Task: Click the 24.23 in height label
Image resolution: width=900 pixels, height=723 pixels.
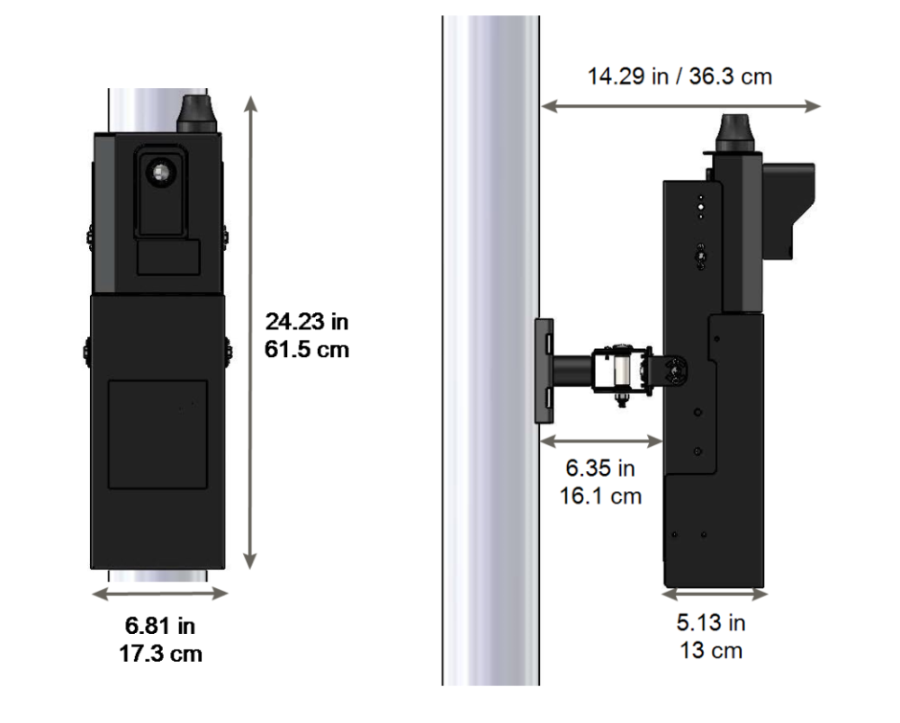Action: [307, 321]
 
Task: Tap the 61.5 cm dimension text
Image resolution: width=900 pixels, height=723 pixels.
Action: [307, 349]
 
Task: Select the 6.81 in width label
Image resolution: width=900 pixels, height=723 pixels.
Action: [161, 626]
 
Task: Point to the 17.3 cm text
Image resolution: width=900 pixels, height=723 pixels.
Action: [161, 654]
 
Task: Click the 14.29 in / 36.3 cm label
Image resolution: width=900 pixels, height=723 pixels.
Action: [679, 76]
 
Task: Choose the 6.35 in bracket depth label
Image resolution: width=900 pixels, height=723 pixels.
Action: [600, 468]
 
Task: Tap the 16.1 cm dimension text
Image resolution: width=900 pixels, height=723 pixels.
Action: [600, 495]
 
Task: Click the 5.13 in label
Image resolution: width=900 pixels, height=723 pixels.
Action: [711, 622]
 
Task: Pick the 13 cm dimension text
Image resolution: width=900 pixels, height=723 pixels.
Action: [711, 650]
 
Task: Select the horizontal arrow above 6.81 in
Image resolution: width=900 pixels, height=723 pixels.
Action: [160, 594]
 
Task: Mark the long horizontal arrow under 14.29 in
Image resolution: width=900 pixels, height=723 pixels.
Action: [680, 106]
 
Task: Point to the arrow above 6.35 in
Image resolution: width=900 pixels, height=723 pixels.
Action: [600, 440]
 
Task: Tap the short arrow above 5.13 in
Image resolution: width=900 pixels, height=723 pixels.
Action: [715, 594]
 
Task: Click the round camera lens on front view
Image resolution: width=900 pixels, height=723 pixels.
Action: [161, 171]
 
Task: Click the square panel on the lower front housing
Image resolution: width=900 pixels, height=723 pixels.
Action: [157, 434]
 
